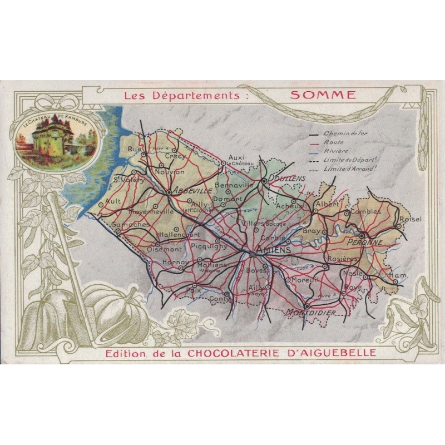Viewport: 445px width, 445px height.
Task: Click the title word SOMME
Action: point(323,95)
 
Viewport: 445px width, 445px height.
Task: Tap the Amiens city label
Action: point(274,251)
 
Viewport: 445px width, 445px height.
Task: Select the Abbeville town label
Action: point(192,190)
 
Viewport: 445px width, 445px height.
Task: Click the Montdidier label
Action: point(311,313)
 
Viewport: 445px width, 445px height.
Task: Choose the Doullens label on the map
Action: point(287,178)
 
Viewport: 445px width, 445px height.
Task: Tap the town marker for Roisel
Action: point(399,226)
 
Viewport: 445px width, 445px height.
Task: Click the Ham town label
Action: point(398,275)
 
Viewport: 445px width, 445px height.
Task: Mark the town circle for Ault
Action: point(101,205)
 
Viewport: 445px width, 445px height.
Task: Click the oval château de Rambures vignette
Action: point(46,137)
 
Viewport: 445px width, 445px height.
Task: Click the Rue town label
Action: point(134,149)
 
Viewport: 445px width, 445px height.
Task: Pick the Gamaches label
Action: point(130,225)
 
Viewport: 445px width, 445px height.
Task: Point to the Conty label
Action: point(220,299)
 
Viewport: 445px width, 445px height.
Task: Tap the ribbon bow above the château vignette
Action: point(61,102)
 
